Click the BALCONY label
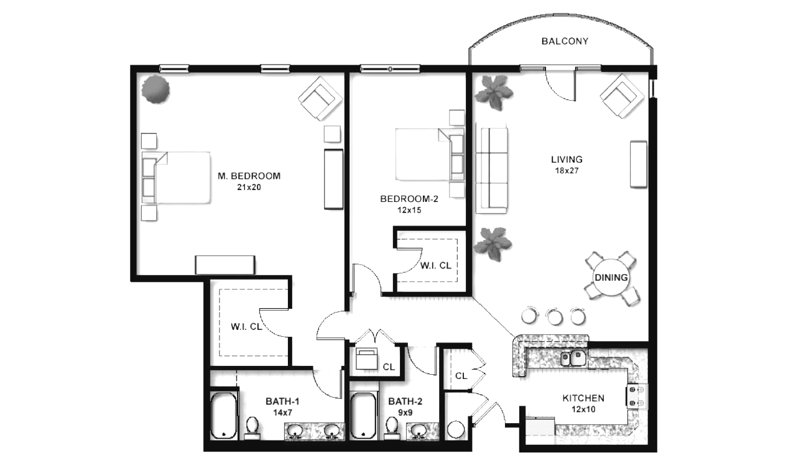(x=565, y=41)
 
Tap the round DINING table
(x=611, y=277)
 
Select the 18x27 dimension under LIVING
(x=567, y=171)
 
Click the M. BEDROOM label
(x=249, y=176)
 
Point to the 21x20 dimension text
(x=249, y=187)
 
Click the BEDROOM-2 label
(x=409, y=199)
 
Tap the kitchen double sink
(x=573, y=358)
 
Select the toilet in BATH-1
(x=252, y=427)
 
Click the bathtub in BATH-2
(x=363, y=416)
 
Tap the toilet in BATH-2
(x=392, y=427)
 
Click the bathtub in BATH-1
(x=223, y=416)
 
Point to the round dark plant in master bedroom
(x=155, y=89)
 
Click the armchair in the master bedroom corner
(x=320, y=98)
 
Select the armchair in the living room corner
(x=622, y=96)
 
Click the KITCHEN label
(x=583, y=398)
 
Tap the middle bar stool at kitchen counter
(x=554, y=316)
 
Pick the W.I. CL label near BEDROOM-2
(x=436, y=266)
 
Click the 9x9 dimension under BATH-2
(x=405, y=413)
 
